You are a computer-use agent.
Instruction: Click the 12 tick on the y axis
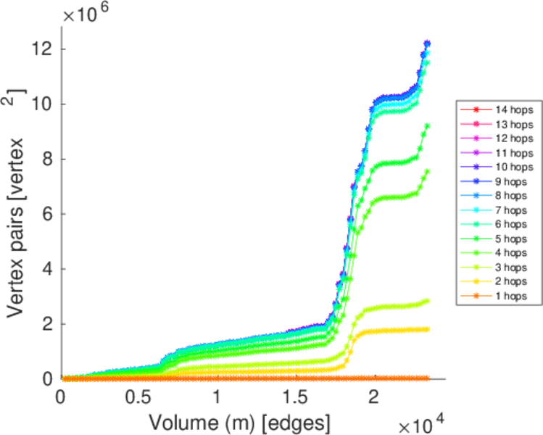[x=42, y=49]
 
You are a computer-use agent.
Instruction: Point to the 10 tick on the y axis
[x=42, y=104]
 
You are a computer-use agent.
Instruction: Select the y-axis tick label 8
[x=46, y=159]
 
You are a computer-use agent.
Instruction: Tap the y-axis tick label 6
[x=46, y=215]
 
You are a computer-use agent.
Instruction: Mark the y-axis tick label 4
[x=46, y=269]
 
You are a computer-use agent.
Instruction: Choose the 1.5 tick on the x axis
[x=294, y=399]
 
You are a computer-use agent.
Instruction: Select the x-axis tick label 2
[x=373, y=399]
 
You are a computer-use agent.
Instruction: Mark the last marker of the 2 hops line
[x=427, y=329]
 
